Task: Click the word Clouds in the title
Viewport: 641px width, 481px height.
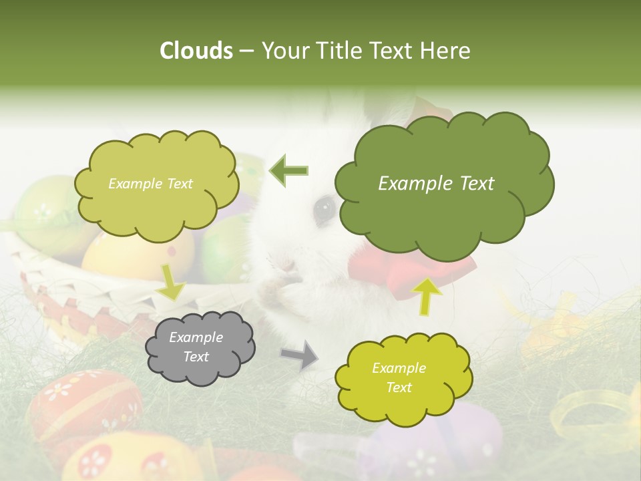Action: pos(196,51)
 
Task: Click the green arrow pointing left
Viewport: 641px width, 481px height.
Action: pos(289,171)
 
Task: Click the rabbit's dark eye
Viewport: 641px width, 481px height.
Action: pos(325,208)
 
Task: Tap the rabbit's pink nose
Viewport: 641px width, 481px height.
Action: pos(288,266)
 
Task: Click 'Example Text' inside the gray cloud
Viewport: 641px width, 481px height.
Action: pos(196,347)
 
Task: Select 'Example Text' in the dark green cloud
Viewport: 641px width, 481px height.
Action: pos(436,184)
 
